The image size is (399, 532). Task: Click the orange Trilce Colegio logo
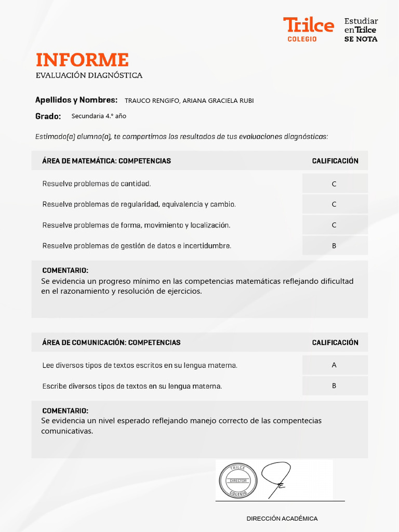[308, 29]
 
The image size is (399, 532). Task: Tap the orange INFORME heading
[82, 60]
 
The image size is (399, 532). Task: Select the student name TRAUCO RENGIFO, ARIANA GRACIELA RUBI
[189, 101]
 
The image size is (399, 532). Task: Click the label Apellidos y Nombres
[76, 100]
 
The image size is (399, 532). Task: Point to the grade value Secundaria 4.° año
[99, 116]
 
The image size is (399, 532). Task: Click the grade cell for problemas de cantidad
[334, 184]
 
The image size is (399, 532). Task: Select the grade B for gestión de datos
[334, 246]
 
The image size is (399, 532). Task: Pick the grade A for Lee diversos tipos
[334, 365]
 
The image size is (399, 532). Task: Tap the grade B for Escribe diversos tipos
[334, 386]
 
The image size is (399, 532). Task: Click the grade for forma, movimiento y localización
[334, 225]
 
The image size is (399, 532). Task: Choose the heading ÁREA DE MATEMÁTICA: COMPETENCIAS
[107, 161]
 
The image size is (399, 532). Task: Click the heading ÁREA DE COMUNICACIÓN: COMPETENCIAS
[111, 343]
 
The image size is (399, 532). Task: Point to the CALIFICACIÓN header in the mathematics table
[335, 161]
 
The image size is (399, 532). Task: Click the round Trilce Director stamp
[238, 481]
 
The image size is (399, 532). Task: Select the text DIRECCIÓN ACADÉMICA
[282, 518]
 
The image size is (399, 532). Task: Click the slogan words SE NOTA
[361, 39]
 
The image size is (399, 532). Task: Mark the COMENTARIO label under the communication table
[65, 411]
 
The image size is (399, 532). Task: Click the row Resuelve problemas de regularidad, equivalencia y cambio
[139, 205]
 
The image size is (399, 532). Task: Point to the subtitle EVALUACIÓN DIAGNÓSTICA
[89, 76]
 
